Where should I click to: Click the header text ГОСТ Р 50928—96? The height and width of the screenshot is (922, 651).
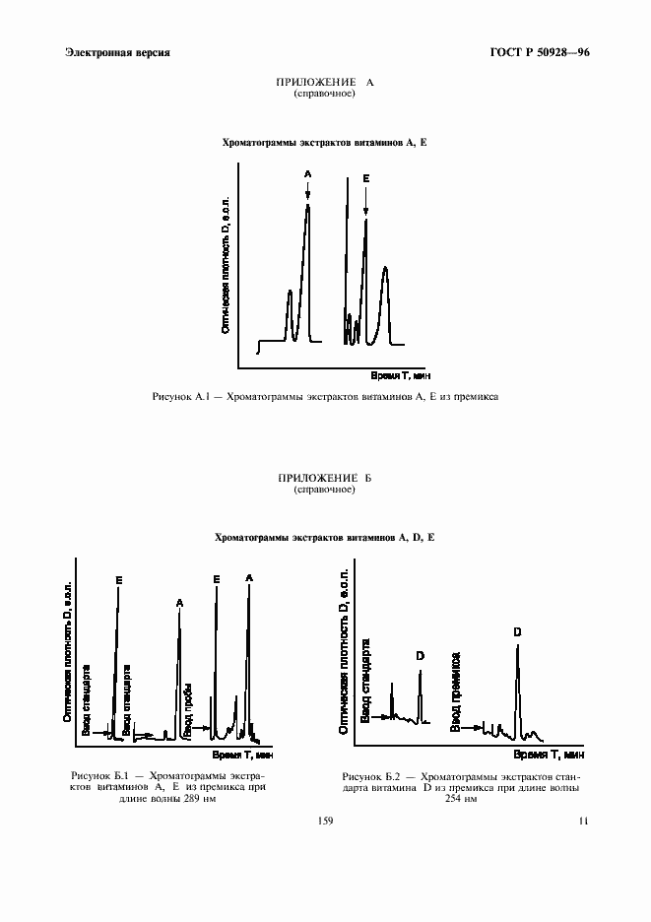541,52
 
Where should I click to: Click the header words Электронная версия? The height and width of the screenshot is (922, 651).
116,52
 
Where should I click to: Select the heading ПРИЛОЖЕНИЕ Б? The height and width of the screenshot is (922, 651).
325,478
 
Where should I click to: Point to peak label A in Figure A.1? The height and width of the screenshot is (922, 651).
307,174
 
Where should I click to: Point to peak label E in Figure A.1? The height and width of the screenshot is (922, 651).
365,178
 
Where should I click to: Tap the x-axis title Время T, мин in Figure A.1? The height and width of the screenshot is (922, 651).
400,375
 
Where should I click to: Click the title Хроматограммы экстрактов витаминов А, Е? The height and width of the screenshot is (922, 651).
325,143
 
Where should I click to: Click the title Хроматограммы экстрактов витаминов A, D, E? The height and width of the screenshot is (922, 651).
325,538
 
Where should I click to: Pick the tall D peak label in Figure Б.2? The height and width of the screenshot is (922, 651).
517,631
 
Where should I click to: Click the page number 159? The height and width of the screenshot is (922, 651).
325,821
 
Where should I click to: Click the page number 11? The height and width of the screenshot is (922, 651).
583,821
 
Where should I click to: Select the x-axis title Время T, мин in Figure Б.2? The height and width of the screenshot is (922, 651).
549,755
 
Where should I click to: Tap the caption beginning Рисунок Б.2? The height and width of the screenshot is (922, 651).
460,788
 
